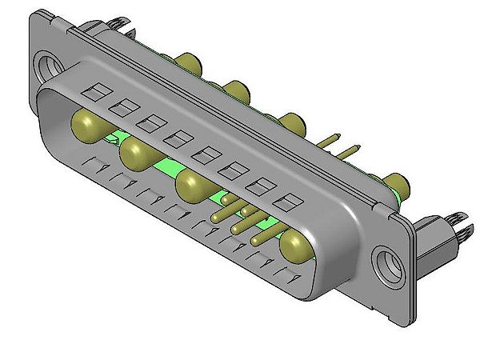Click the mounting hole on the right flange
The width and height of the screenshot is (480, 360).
(x=391, y=262)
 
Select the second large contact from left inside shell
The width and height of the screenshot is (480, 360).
(x=137, y=153)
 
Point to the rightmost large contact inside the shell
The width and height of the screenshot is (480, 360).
(x=297, y=246)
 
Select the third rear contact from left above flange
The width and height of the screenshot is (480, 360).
(x=291, y=123)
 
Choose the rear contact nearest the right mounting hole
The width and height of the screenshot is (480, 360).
(x=397, y=182)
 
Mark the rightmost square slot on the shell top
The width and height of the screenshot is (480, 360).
(x=292, y=200)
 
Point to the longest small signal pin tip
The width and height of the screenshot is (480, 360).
(x=217, y=216)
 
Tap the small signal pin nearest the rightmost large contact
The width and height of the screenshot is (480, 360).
(x=258, y=239)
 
